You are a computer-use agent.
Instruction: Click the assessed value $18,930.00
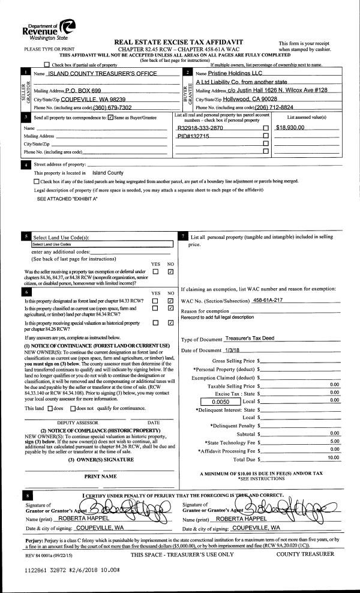tap(290, 128)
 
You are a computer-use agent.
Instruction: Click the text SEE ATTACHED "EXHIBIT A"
tap(62, 198)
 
